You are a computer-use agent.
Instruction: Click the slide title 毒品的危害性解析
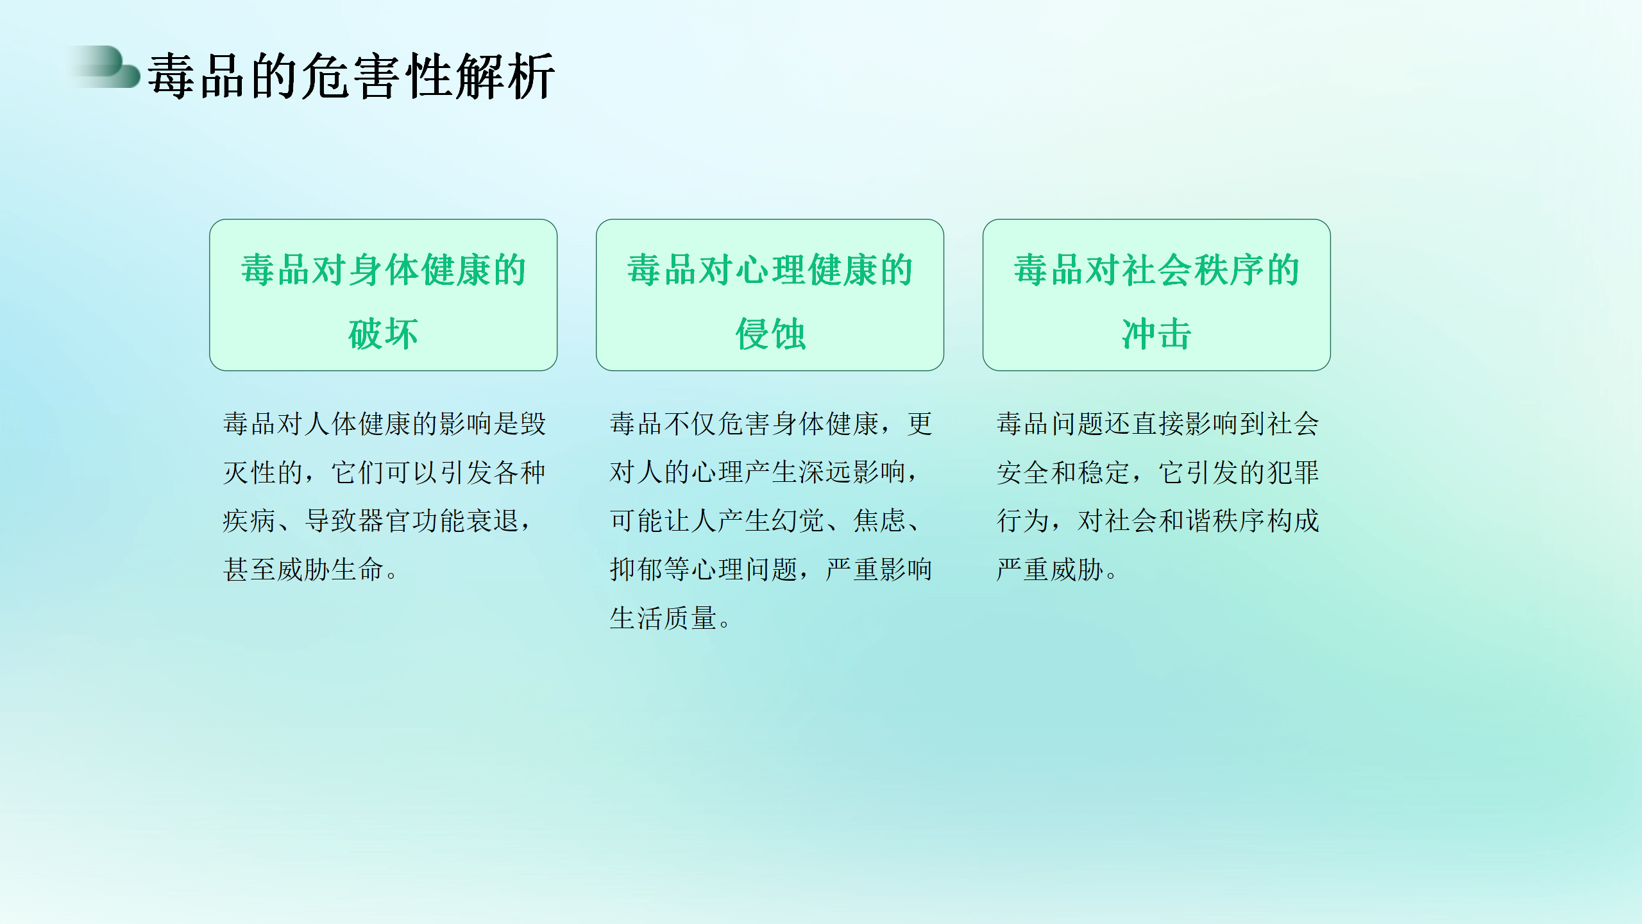[x=351, y=76]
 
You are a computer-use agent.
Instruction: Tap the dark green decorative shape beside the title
[x=106, y=67]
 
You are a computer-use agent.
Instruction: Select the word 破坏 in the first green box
[x=383, y=334]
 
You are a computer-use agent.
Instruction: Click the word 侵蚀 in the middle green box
[x=770, y=334]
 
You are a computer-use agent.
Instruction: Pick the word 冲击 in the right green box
[x=1156, y=334]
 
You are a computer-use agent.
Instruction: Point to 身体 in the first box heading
[x=384, y=270]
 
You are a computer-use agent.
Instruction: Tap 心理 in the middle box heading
[x=770, y=270]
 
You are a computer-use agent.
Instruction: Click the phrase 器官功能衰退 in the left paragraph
[x=412, y=521]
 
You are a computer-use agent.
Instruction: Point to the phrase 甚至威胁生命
[x=303, y=570]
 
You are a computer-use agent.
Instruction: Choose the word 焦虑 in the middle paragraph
[x=879, y=521]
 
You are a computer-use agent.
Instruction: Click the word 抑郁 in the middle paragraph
[x=636, y=570]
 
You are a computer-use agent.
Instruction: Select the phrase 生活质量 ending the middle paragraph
[x=663, y=619]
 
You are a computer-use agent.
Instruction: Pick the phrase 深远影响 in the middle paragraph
[x=852, y=472]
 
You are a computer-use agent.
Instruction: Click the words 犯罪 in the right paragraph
[x=1292, y=472]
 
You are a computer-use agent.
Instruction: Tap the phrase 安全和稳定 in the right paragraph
[x=1063, y=472]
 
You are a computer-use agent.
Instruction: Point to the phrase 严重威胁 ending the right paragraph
[x=1050, y=570]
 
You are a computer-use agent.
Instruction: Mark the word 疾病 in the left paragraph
[x=250, y=521]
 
